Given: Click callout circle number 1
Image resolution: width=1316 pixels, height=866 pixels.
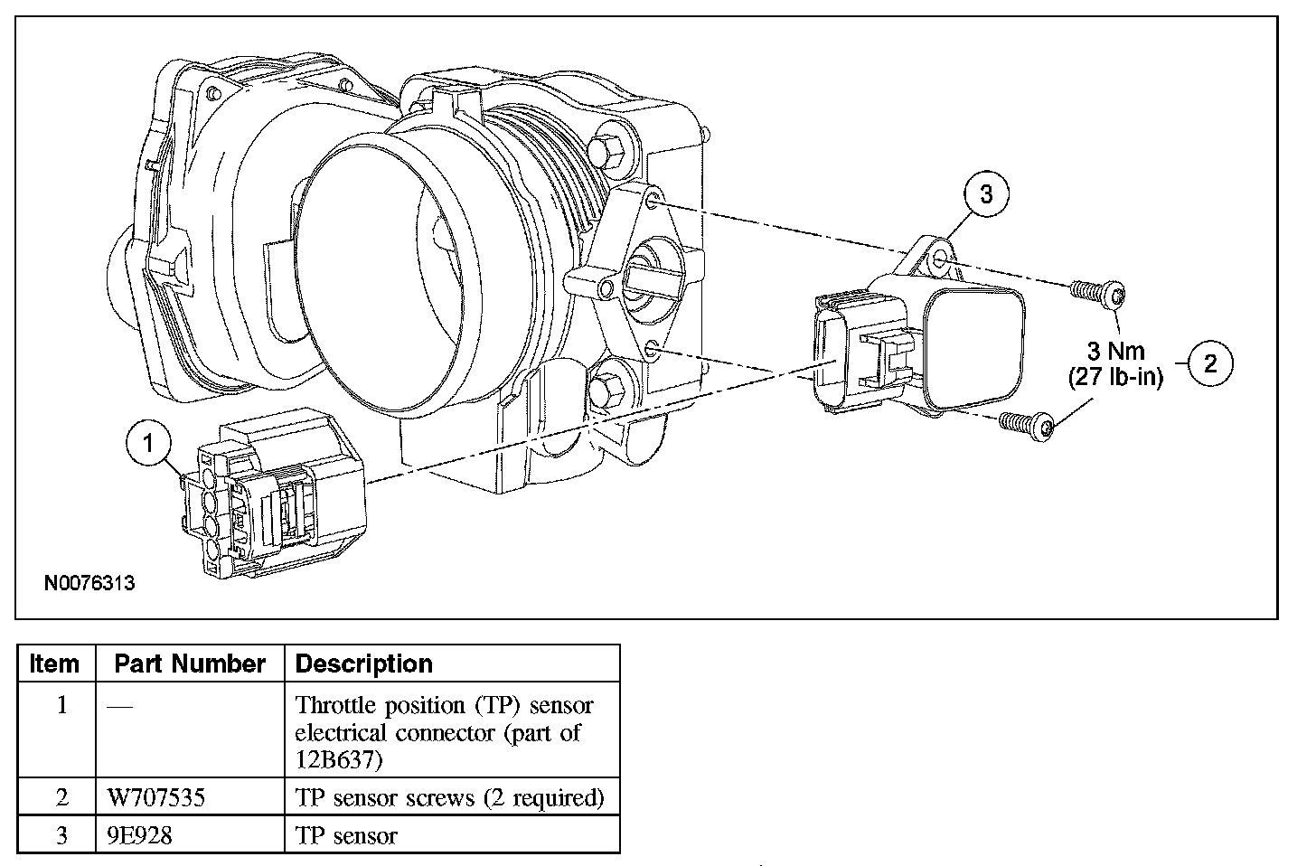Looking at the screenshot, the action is [148, 442].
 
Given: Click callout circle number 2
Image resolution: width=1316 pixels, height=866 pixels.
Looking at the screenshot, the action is [1211, 363].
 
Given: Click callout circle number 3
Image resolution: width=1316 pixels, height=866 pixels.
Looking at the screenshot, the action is [986, 193].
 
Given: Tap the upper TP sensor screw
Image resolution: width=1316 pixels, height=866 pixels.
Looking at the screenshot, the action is [1097, 293].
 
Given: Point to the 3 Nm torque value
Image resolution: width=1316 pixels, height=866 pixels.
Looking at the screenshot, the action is [1115, 352].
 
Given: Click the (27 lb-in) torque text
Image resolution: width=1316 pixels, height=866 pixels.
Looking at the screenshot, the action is [1115, 377].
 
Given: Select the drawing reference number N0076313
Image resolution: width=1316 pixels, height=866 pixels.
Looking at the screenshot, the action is [89, 583].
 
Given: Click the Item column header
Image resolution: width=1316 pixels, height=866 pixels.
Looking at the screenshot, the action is [54, 664].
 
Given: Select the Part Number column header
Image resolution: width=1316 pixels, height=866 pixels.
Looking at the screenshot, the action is [190, 664].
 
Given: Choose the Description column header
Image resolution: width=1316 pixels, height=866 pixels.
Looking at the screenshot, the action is [363, 664].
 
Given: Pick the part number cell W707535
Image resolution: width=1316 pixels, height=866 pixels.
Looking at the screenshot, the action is [156, 798].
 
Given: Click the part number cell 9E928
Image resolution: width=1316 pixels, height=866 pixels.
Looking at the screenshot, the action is [140, 835].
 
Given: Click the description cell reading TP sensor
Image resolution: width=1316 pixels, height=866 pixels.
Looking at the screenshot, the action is [346, 835].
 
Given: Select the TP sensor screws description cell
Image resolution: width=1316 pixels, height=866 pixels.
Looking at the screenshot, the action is [449, 798].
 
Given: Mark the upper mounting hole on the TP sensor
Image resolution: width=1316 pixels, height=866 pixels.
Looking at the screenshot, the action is [940, 258].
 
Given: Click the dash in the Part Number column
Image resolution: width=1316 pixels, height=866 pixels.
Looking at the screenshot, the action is [120, 706].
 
